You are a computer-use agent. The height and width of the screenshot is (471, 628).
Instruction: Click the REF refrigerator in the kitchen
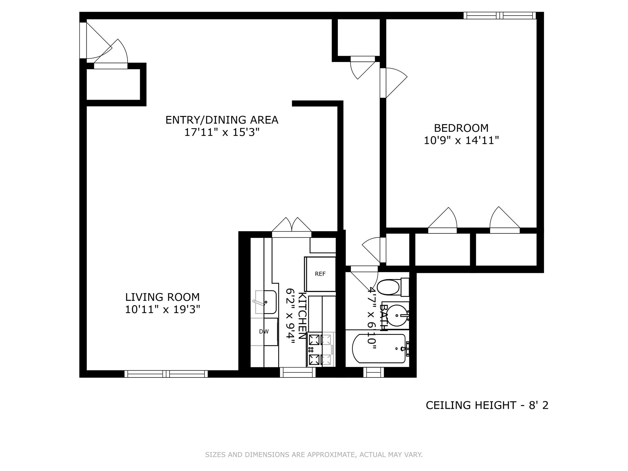(320, 274)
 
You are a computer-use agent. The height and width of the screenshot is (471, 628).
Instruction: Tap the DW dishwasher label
(264, 331)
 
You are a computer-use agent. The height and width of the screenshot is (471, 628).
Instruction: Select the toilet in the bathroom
(389, 287)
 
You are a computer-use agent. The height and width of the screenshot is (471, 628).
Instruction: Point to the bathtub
(379, 349)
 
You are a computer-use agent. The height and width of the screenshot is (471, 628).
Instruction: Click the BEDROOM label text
(461, 128)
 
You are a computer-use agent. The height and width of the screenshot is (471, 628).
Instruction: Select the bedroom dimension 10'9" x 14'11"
(461, 141)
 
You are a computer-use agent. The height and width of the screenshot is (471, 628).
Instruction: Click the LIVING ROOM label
(162, 297)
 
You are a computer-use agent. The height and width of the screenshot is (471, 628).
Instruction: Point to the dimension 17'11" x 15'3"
(222, 132)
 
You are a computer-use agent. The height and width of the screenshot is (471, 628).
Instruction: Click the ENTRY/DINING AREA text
(222, 120)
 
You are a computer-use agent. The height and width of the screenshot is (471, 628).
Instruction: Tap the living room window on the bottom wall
(166, 374)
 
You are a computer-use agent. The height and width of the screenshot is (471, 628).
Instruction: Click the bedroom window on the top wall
(500, 15)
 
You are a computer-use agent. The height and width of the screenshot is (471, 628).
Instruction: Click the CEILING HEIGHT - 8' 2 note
(487, 405)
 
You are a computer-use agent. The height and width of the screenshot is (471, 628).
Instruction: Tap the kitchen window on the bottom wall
(297, 372)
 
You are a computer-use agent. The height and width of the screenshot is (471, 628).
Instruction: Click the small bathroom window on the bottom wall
(373, 372)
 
